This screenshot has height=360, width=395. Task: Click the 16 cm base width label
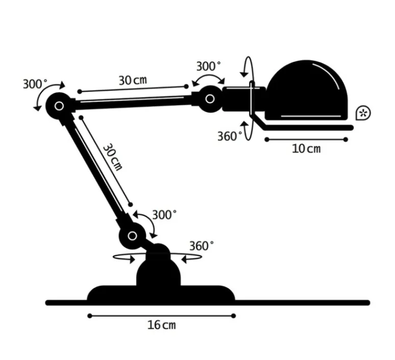click(x=161, y=325)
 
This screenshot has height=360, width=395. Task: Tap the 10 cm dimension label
click(x=306, y=149)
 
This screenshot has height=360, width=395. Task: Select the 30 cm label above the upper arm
click(x=133, y=80)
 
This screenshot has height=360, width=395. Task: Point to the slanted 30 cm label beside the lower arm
click(x=113, y=157)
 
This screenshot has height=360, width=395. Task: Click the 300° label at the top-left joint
click(x=35, y=84)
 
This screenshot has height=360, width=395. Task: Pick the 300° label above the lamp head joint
click(x=208, y=66)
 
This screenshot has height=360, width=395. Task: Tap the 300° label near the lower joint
click(x=164, y=215)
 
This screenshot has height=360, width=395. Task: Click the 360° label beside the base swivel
click(x=201, y=246)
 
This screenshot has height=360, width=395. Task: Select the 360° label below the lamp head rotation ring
click(x=230, y=136)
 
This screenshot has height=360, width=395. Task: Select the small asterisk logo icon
click(x=363, y=113)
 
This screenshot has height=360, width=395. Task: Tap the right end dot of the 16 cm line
click(x=233, y=316)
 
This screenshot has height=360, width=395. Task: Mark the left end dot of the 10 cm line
click(x=267, y=139)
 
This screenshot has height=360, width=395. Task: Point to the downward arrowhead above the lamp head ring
click(x=244, y=74)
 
